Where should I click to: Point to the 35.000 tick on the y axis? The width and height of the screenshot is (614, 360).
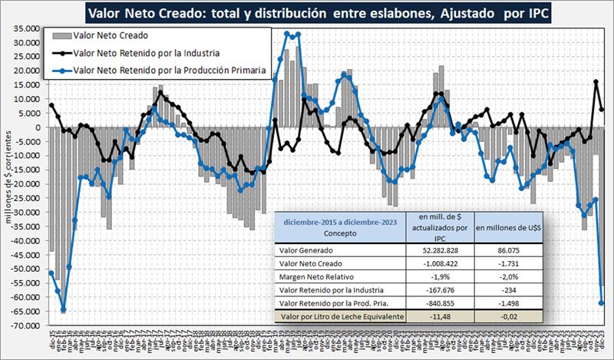coord(26,28)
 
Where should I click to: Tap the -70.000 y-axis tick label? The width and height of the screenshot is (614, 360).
coord(25,325)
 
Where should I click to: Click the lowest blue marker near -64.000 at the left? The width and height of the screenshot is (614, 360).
coord(64,310)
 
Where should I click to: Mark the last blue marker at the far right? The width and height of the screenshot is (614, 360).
coord(601,302)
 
